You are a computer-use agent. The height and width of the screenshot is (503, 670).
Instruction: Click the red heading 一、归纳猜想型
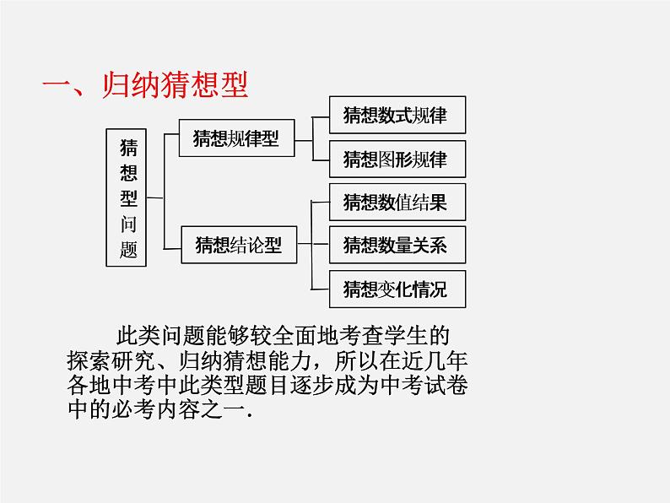pos(147,88)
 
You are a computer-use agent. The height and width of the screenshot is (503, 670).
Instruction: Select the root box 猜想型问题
pos(128,198)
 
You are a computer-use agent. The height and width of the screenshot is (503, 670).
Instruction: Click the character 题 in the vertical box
pos(128,251)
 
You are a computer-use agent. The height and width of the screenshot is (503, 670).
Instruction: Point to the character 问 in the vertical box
pos(128,224)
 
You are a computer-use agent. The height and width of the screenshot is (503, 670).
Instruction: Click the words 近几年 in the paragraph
pos(451,362)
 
